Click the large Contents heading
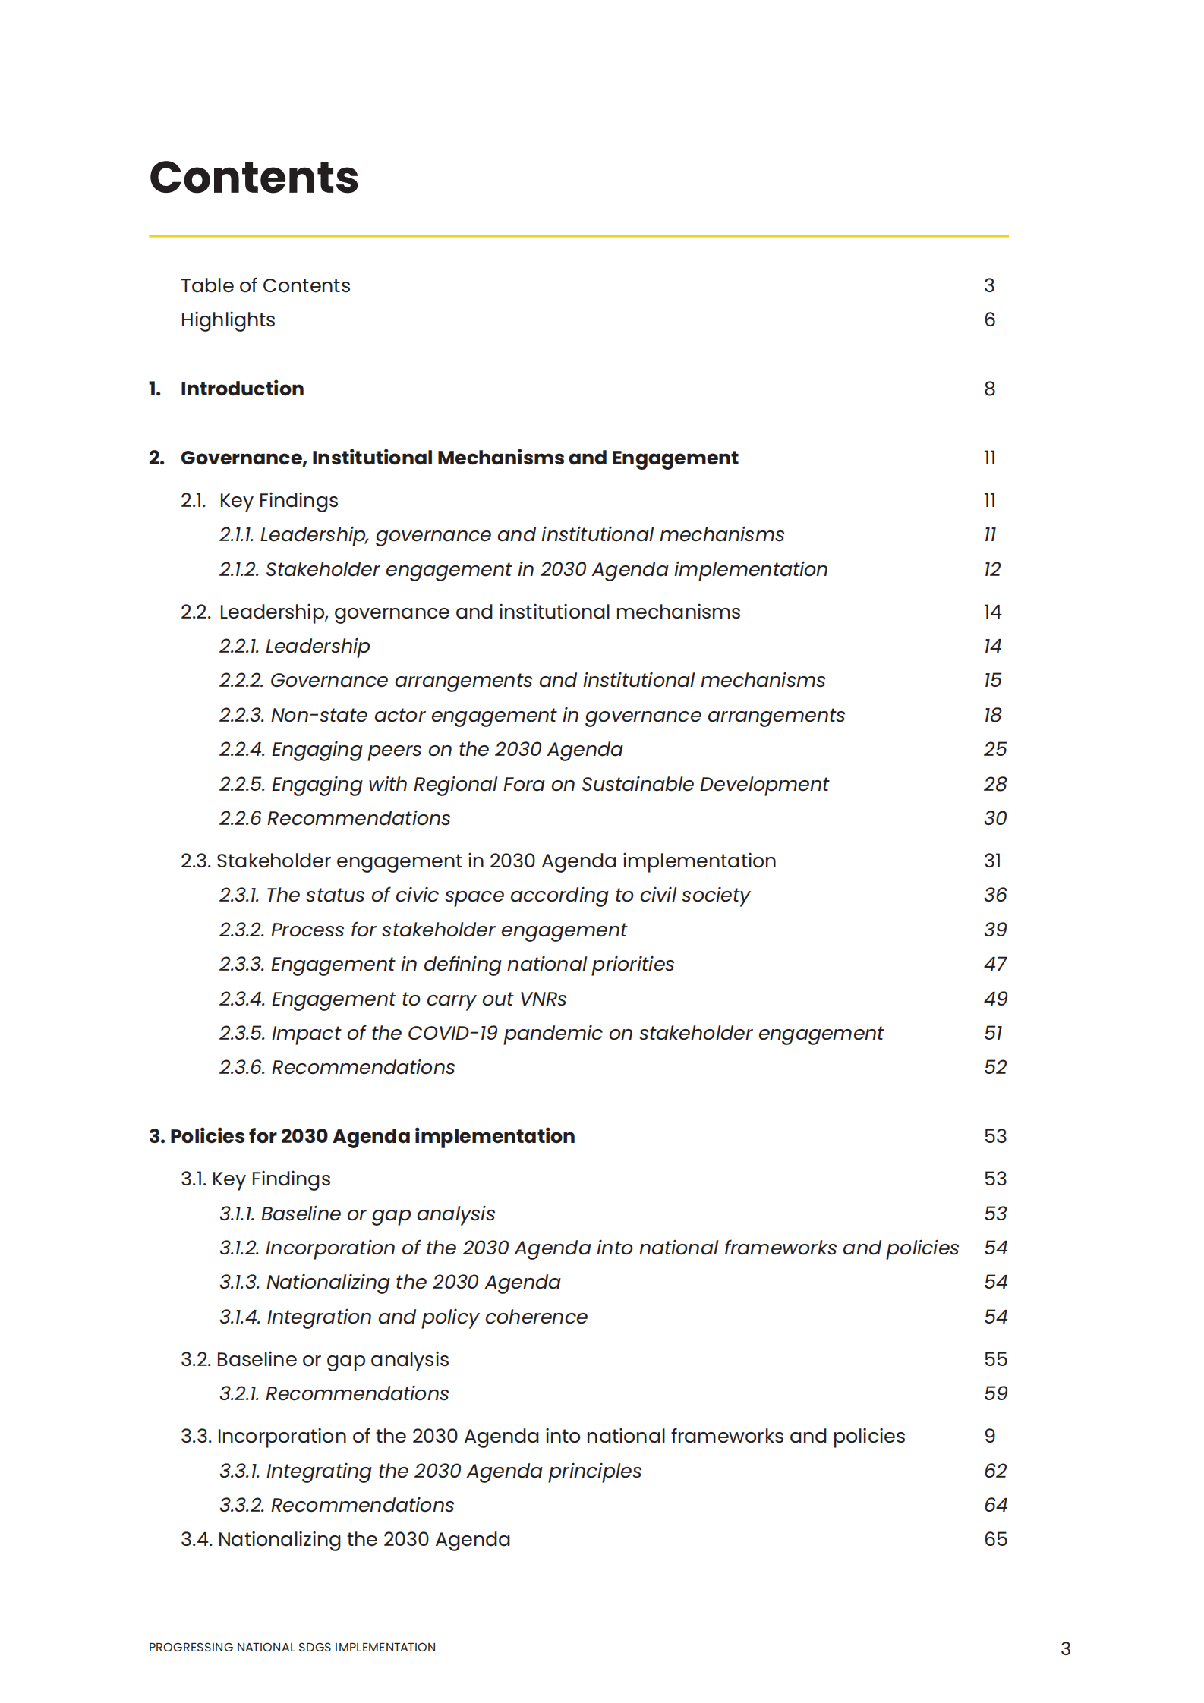(254, 178)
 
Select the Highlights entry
(228, 320)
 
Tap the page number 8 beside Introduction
(989, 389)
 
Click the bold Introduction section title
(241, 389)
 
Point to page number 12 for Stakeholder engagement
(991, 569)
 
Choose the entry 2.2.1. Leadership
(295, 646)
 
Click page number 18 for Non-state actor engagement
(992, 715)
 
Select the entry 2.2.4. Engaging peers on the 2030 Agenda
(421, 749)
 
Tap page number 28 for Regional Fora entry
(994, 784)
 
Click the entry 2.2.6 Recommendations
(335, 818)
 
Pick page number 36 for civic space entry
(994, 895)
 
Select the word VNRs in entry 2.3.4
(542, 999)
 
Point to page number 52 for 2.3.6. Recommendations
(994, 1067)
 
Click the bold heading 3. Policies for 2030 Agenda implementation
(361, 1136)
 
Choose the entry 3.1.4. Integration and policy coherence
(403, 1317)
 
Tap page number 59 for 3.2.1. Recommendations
(994, 1393)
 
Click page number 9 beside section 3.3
(989, 1436)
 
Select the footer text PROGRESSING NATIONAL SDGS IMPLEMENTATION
(292, 1647)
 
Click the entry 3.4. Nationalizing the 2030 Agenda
(345, 1539)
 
